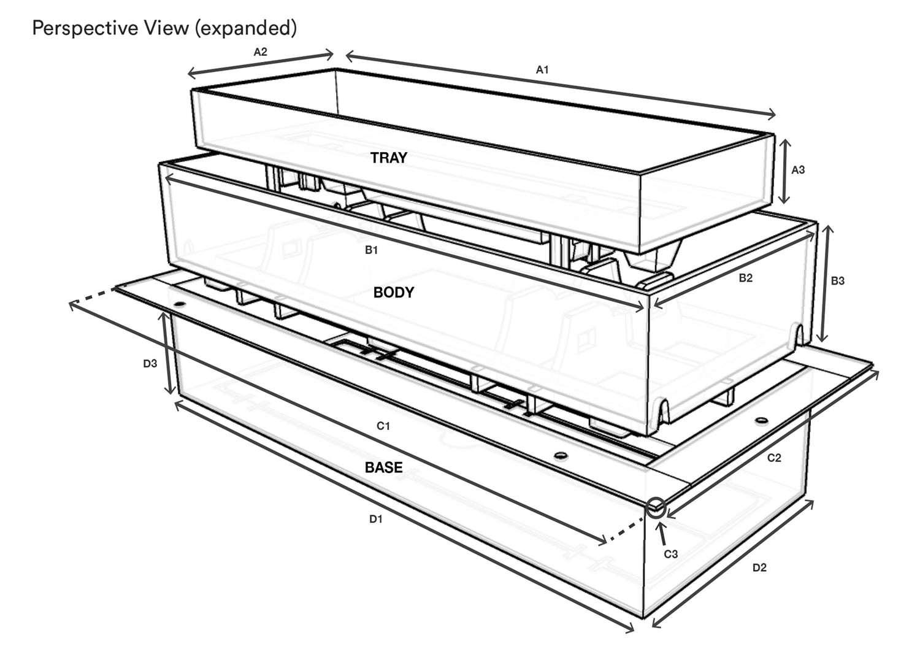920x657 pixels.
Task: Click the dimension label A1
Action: [x=542, y=70]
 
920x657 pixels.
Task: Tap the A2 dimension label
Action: [x=261, y=52]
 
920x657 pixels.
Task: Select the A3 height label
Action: [x=798, y=170]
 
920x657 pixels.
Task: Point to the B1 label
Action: [x=371, y=250]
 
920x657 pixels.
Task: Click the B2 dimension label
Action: [x=745, y=278]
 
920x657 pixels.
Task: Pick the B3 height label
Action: [x=837, y=281]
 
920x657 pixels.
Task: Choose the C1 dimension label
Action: [x=383, y=426]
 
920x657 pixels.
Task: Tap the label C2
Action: [x=774, y=458]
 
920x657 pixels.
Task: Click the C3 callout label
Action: [x=671, y=555]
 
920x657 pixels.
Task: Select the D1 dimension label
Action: [x=376, y=520]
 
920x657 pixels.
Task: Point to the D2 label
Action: [x=759, y=568]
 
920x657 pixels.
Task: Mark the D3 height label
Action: [x=150, y=364]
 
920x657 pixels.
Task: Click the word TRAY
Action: [x=388, y=158]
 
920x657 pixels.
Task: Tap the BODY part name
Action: [x=394, y=293]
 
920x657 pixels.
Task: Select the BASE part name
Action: [x=383, y=467]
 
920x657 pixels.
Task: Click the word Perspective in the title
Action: [x=85, y=28]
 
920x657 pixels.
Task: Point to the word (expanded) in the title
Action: [x=245, y=28]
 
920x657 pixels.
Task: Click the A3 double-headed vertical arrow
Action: [x=785, y=171]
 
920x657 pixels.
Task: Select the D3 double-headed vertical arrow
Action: [x=167, y=353]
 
